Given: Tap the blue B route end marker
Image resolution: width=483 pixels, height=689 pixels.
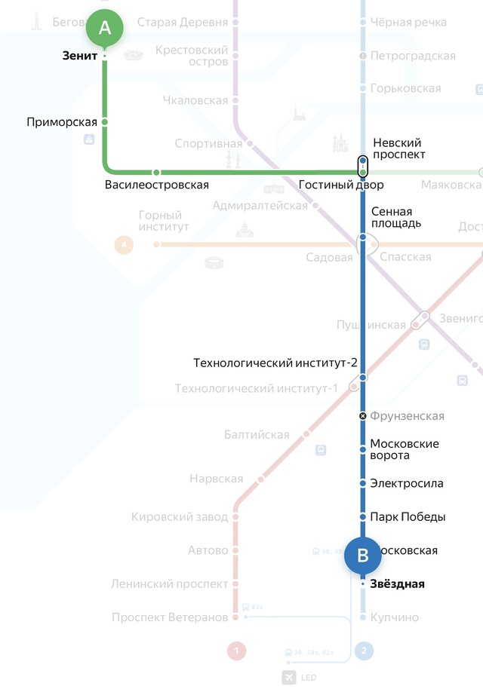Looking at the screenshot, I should tap(362, 556).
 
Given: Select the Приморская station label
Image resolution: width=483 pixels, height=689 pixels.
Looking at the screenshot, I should tap(62, 122).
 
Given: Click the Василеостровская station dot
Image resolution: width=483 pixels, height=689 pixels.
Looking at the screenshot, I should tap(157, 173).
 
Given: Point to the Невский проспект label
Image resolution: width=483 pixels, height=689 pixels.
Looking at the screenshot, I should tap(397, 149).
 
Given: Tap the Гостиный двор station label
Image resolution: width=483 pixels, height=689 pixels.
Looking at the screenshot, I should tap(341, 185).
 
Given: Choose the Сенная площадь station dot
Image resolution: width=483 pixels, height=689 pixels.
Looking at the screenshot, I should tap(363, 237).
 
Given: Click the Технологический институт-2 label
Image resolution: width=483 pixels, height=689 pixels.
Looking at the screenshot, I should tap(275, 363).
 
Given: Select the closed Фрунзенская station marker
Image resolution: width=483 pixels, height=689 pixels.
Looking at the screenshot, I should tap(363, 416).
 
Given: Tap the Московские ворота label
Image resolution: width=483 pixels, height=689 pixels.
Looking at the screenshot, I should tap(404, 449).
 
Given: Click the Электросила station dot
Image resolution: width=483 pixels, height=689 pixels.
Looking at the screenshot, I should tap(363, 483).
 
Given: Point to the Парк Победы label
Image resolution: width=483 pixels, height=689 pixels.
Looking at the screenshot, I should tap(408, 517).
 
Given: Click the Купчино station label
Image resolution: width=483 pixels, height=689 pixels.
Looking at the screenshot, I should tap(394, 617).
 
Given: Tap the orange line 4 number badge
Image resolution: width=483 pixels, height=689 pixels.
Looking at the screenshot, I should tap(124, 244).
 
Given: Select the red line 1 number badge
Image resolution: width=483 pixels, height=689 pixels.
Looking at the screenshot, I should tap(236, 650).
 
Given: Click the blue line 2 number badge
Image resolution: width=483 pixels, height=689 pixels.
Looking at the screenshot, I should tap(363, 650).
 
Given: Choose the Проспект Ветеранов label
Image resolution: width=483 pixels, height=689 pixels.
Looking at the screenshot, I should tap(170, 617).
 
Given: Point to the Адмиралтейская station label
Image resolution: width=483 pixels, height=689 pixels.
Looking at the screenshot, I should tap(260, 206).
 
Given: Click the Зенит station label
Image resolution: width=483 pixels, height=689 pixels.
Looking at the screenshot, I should tap(79, 56).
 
